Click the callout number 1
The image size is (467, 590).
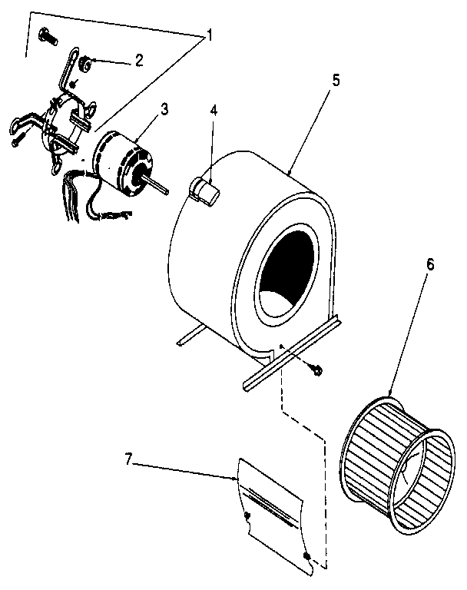207,36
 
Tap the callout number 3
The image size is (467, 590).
164,108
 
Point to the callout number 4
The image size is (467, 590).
214,109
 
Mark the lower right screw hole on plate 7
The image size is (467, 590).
306,555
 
